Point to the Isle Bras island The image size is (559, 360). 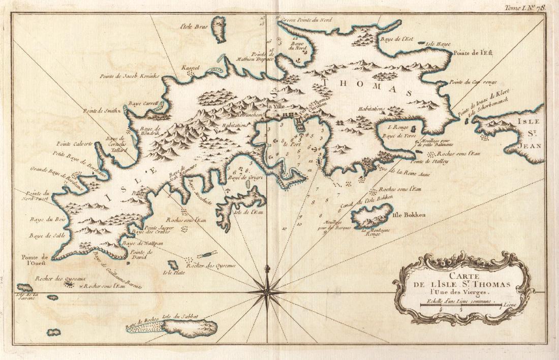point(219,29)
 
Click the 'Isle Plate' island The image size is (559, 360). point(173,265)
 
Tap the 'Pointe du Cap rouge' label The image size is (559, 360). point(473,82)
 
